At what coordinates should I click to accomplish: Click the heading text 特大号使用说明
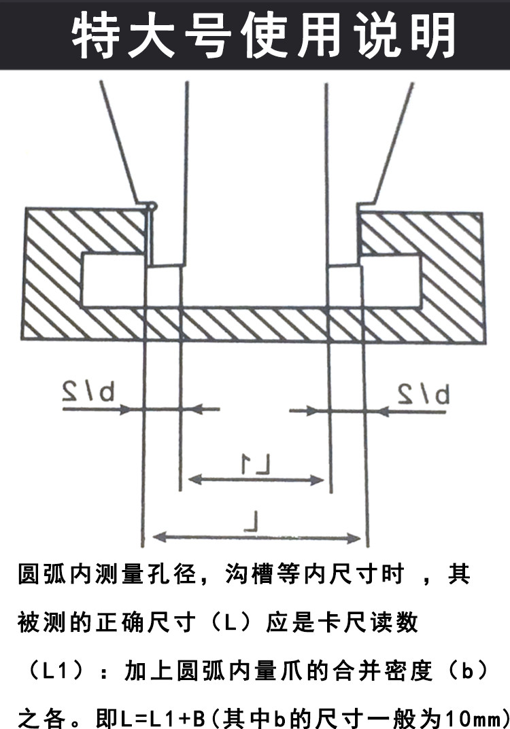pos(263,34)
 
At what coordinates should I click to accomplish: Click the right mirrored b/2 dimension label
pos(424,393)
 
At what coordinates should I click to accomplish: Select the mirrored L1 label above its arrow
pos(256,465)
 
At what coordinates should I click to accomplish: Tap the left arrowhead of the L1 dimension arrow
pos(193,480)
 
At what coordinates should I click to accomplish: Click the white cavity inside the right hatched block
pos(390,280)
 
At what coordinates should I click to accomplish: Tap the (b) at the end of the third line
pos(465,672)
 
